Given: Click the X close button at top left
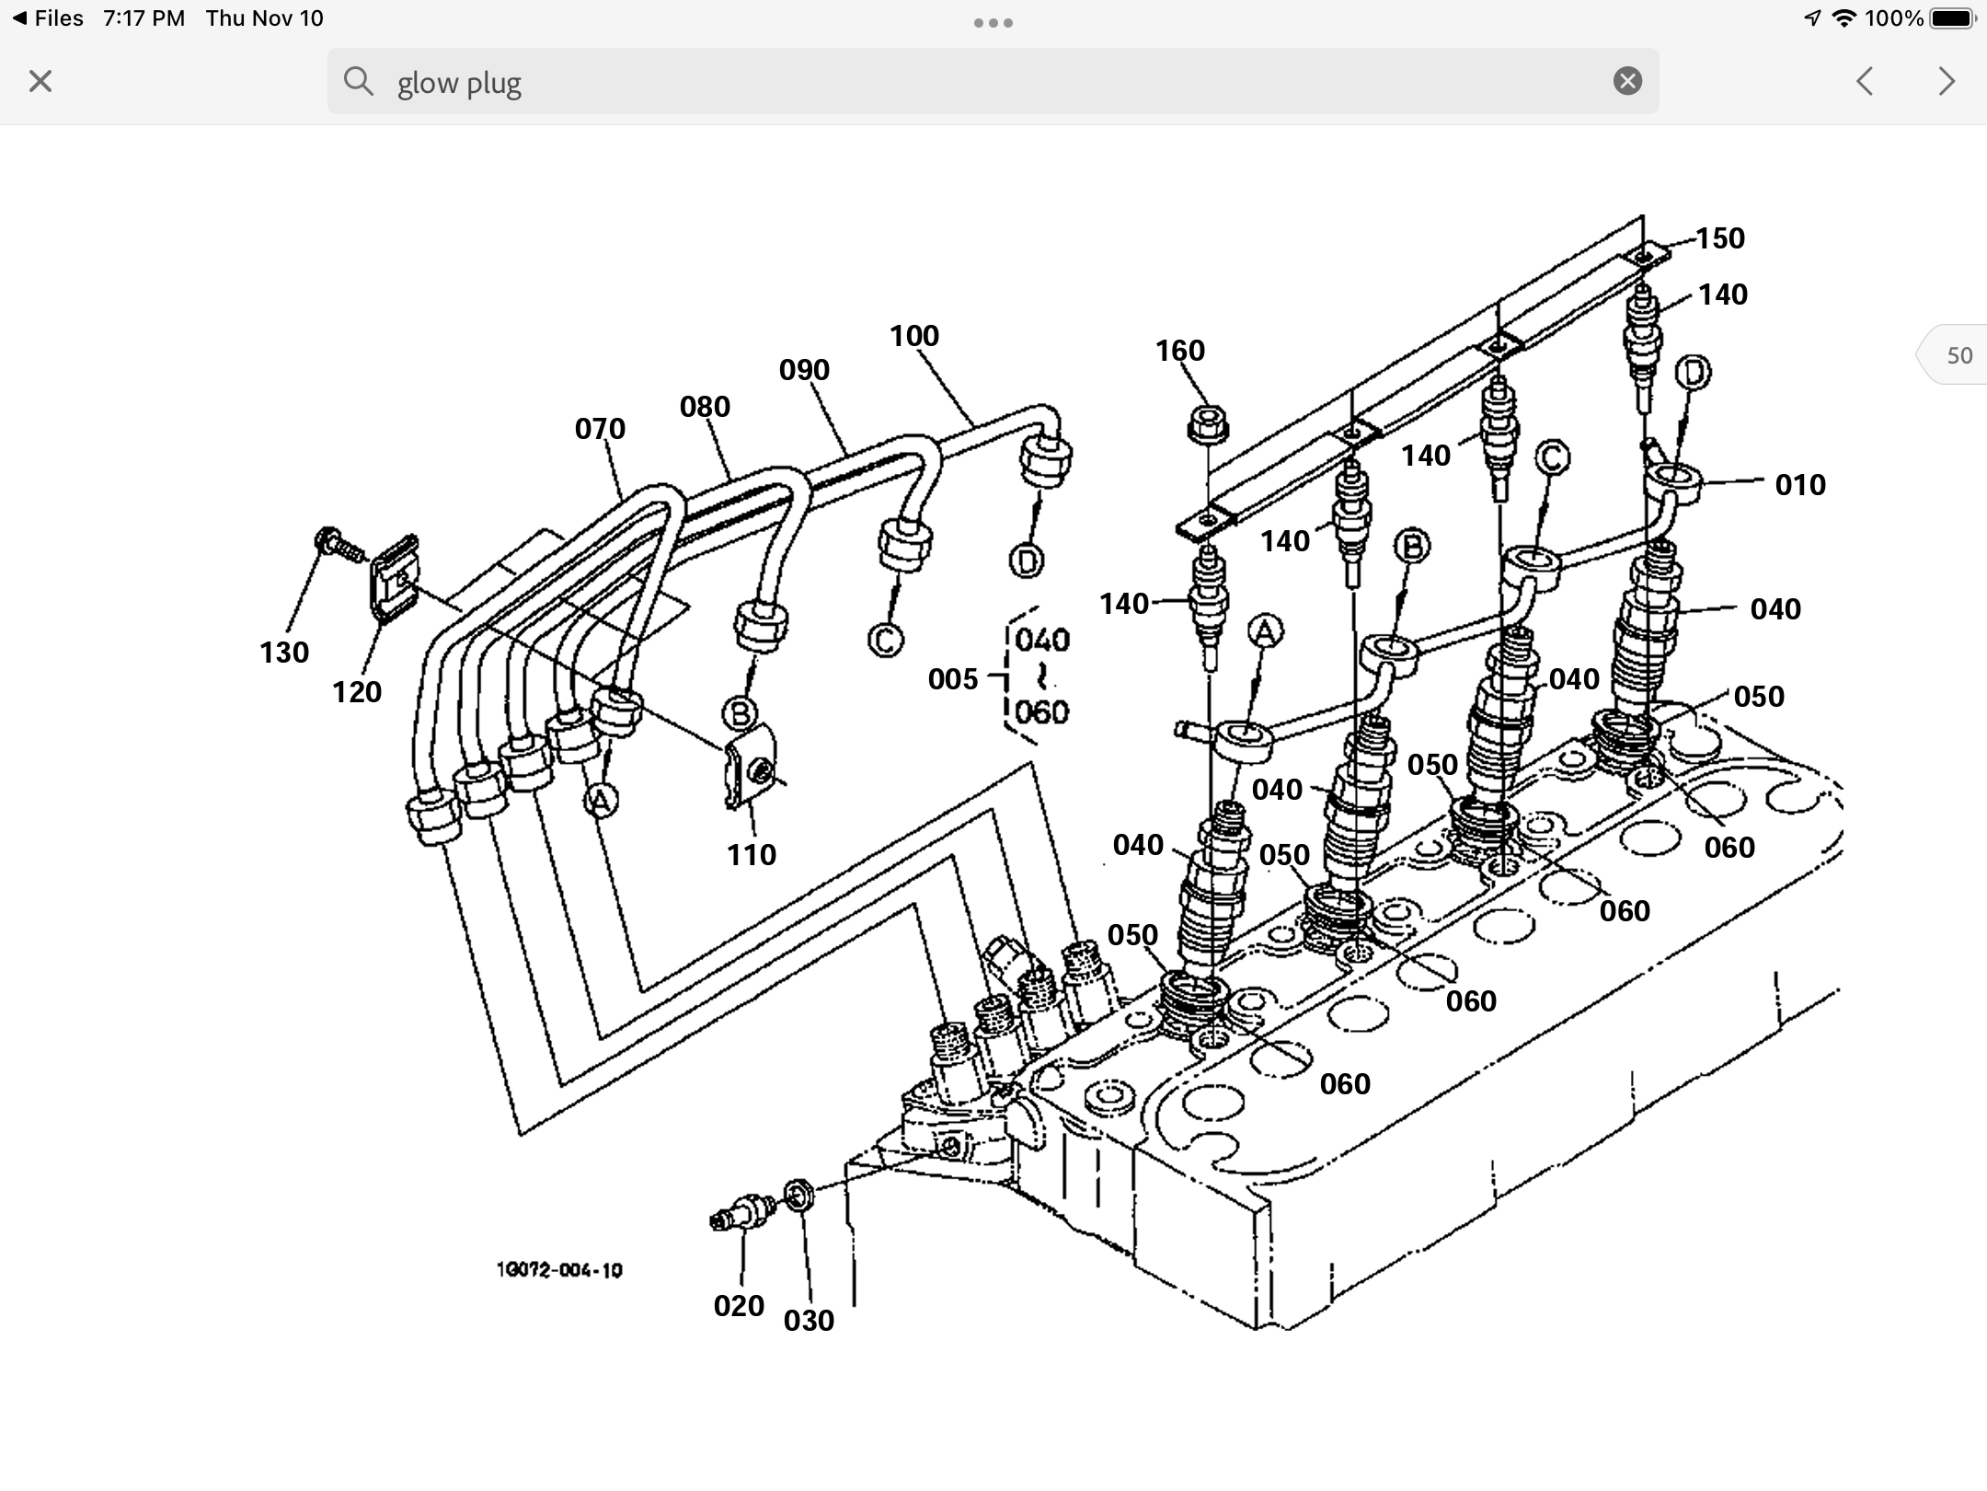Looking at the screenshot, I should (x=40, y=82).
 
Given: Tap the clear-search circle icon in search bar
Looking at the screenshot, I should (x=1627, y=82).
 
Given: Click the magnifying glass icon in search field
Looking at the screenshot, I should (x=358, y=82).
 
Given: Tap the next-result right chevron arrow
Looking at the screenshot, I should (x=1946, y=82).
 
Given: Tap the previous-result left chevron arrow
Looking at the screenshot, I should (x=1865, y=82).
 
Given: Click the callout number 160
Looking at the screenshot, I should (x=1179, y=351).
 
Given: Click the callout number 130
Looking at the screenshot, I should (x=283, y=653).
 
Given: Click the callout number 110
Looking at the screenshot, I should (x=752, y=855).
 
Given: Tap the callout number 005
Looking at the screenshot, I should (x=952, y=679).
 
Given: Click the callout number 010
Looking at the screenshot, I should (x=1799, y=485).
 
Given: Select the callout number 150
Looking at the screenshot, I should (x=1719, y=238).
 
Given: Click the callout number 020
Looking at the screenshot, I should (x=739, y=1306).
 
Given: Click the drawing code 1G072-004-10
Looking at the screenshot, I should (x=559, y=1271).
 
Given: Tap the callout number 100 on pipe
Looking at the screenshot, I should (x=913, y=336).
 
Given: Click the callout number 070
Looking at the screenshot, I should (x=600, y=429).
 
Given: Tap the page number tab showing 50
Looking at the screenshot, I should (x=1958, y=355).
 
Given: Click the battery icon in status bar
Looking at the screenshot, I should (x=1952, y=18).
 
